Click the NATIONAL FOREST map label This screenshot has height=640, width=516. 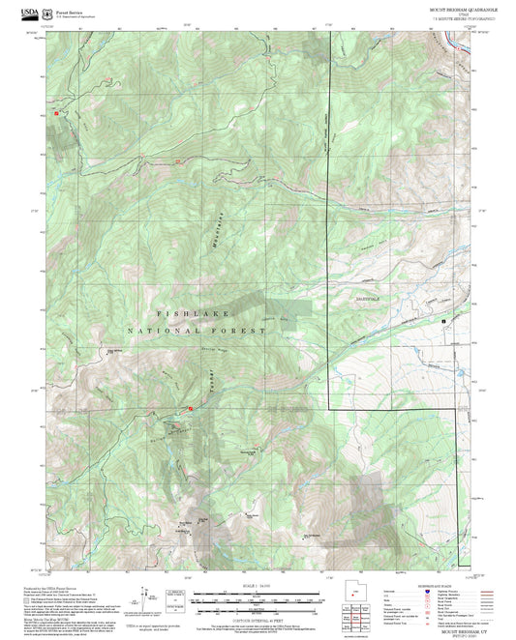click(208, 330)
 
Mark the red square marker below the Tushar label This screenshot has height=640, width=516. click(190, 409)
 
